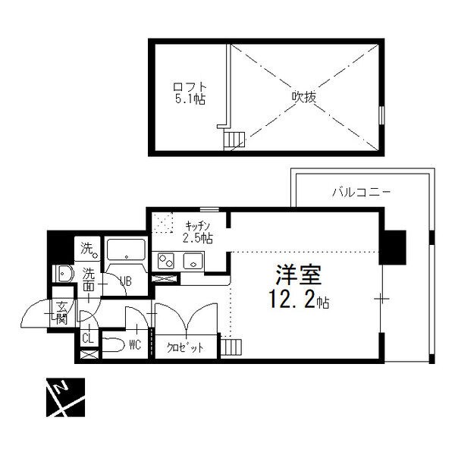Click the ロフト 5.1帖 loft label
190,93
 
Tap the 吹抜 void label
303,97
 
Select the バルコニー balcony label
361,192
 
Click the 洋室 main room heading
299,275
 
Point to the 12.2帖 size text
299,300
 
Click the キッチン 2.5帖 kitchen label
198,232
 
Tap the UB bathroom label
126,281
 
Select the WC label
135,345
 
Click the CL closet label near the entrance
88,338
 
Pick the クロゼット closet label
185,347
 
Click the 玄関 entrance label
62,313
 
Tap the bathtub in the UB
126,249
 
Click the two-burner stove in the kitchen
166,261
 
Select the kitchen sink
193,261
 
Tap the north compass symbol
65,397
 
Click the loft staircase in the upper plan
234,140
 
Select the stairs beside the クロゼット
231,347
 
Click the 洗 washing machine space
87,249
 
